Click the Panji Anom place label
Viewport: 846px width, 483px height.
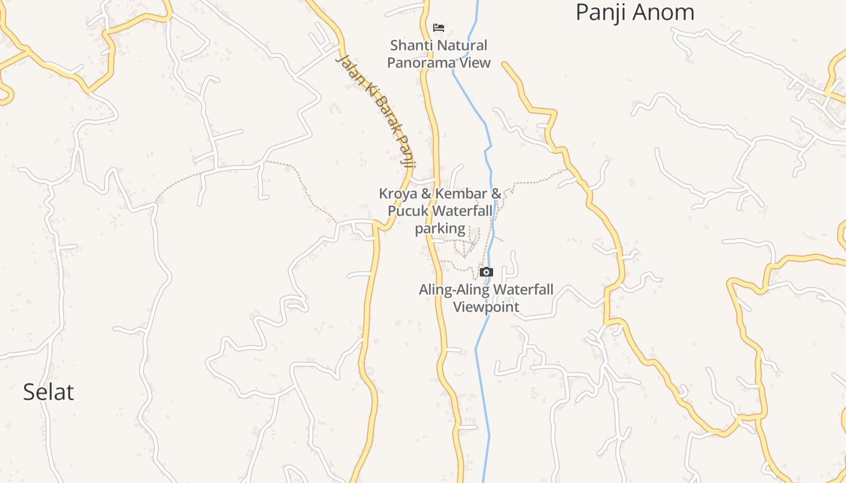pos(634,12)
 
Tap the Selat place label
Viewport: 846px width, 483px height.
pos(48,392)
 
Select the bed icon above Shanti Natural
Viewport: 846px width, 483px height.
pos(439,28)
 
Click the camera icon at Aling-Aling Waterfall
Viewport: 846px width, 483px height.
pos(486,272)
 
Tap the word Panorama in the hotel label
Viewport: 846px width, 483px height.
pos(422,63)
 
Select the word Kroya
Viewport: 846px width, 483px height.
pos(399,194)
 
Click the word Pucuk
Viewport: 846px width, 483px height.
pos(408,211)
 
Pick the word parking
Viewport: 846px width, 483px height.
pos(440,228)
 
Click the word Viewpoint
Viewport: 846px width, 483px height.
pos(486,307)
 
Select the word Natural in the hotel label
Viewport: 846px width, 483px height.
pos(463,45)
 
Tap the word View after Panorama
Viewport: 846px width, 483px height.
pos(476,63)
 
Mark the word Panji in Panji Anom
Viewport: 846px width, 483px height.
pos(598,12)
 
